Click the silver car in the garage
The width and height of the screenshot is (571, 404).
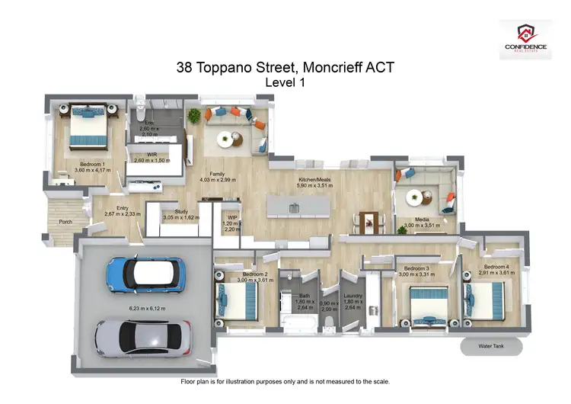tap(142, 336)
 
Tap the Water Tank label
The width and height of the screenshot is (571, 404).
tap(492, 348)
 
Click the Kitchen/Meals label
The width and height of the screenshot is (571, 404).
tap(314, 179)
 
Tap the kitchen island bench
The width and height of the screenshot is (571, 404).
tap(297, 207)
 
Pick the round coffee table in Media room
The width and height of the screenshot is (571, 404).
tap(413, 197)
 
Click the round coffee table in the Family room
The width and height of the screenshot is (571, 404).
tap(225, 139)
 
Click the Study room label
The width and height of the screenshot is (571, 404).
tap(180, 213)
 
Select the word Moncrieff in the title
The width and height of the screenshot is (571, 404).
tap(338, 68)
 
